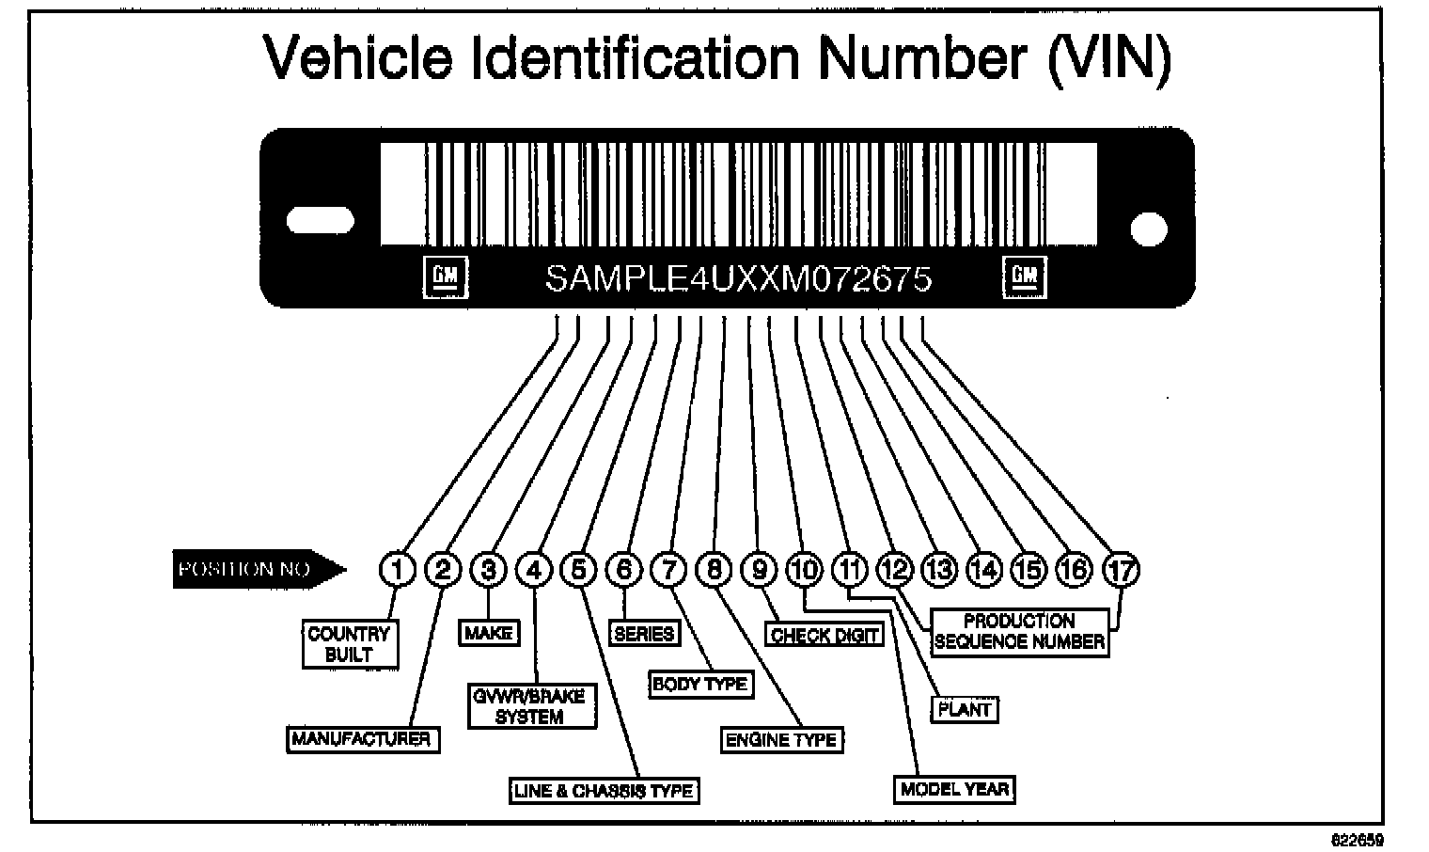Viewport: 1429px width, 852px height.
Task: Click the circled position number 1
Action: click(x=399, y=569)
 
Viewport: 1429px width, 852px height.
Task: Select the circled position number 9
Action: click(x=759, y=569)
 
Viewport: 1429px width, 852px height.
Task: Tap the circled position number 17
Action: click(x=1120, y=569)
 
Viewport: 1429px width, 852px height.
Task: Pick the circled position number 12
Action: click(x=894, y=569)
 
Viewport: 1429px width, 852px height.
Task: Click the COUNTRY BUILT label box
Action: click(x=350, y=644)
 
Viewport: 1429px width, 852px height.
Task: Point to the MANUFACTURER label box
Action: click(x=362, y=739)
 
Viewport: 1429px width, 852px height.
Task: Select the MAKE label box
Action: click(x=489, y=633)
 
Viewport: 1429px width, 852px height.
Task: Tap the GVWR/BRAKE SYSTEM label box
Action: click(x=531, y=706)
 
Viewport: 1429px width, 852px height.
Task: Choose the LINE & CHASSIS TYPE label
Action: click(x=604, y=791)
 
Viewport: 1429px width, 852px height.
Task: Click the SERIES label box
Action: click(x=644, y=633)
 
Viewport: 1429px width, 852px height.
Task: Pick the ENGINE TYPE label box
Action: click(x=781, y=740)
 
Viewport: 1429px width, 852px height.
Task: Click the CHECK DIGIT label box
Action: click(x=824, y=636)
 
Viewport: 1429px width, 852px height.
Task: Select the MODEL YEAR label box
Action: click(x=954, y=789)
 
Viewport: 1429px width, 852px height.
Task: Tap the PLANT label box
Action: click(x=965, y=709)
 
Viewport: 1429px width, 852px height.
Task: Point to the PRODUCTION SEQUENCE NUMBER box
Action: click(x=1019, y=632)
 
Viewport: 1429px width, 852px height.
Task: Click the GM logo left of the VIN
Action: click(x=442, y=276)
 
